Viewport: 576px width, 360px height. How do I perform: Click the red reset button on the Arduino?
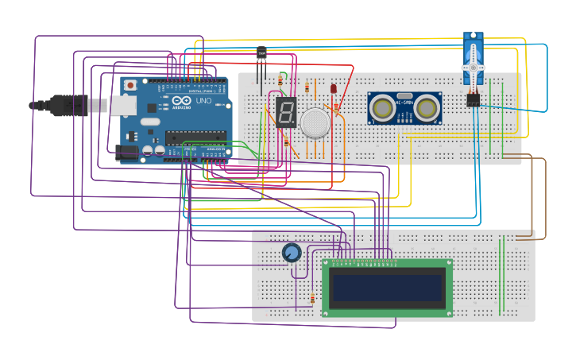pos(130,84)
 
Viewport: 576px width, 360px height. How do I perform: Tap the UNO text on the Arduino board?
pos(203,102)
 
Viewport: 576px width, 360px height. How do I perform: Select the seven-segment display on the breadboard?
pos(285,113)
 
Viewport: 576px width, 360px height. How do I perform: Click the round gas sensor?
pos(315,120)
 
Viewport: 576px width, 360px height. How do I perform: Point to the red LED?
pos(333,89)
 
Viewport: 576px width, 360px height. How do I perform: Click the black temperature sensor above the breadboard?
pos(261,54)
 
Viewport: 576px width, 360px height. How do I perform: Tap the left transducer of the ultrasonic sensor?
pos(384,106)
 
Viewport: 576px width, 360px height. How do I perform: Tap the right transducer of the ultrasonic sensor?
pos(427,106)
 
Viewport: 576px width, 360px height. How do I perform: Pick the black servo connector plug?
pos(474,100)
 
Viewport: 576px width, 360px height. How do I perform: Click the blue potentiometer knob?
pos(292,253)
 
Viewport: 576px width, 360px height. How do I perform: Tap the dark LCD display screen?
pos(387,288)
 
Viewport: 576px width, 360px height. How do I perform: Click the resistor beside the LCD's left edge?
pos(312,300)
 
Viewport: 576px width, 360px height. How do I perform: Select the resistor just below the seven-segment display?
pos(286,141)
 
